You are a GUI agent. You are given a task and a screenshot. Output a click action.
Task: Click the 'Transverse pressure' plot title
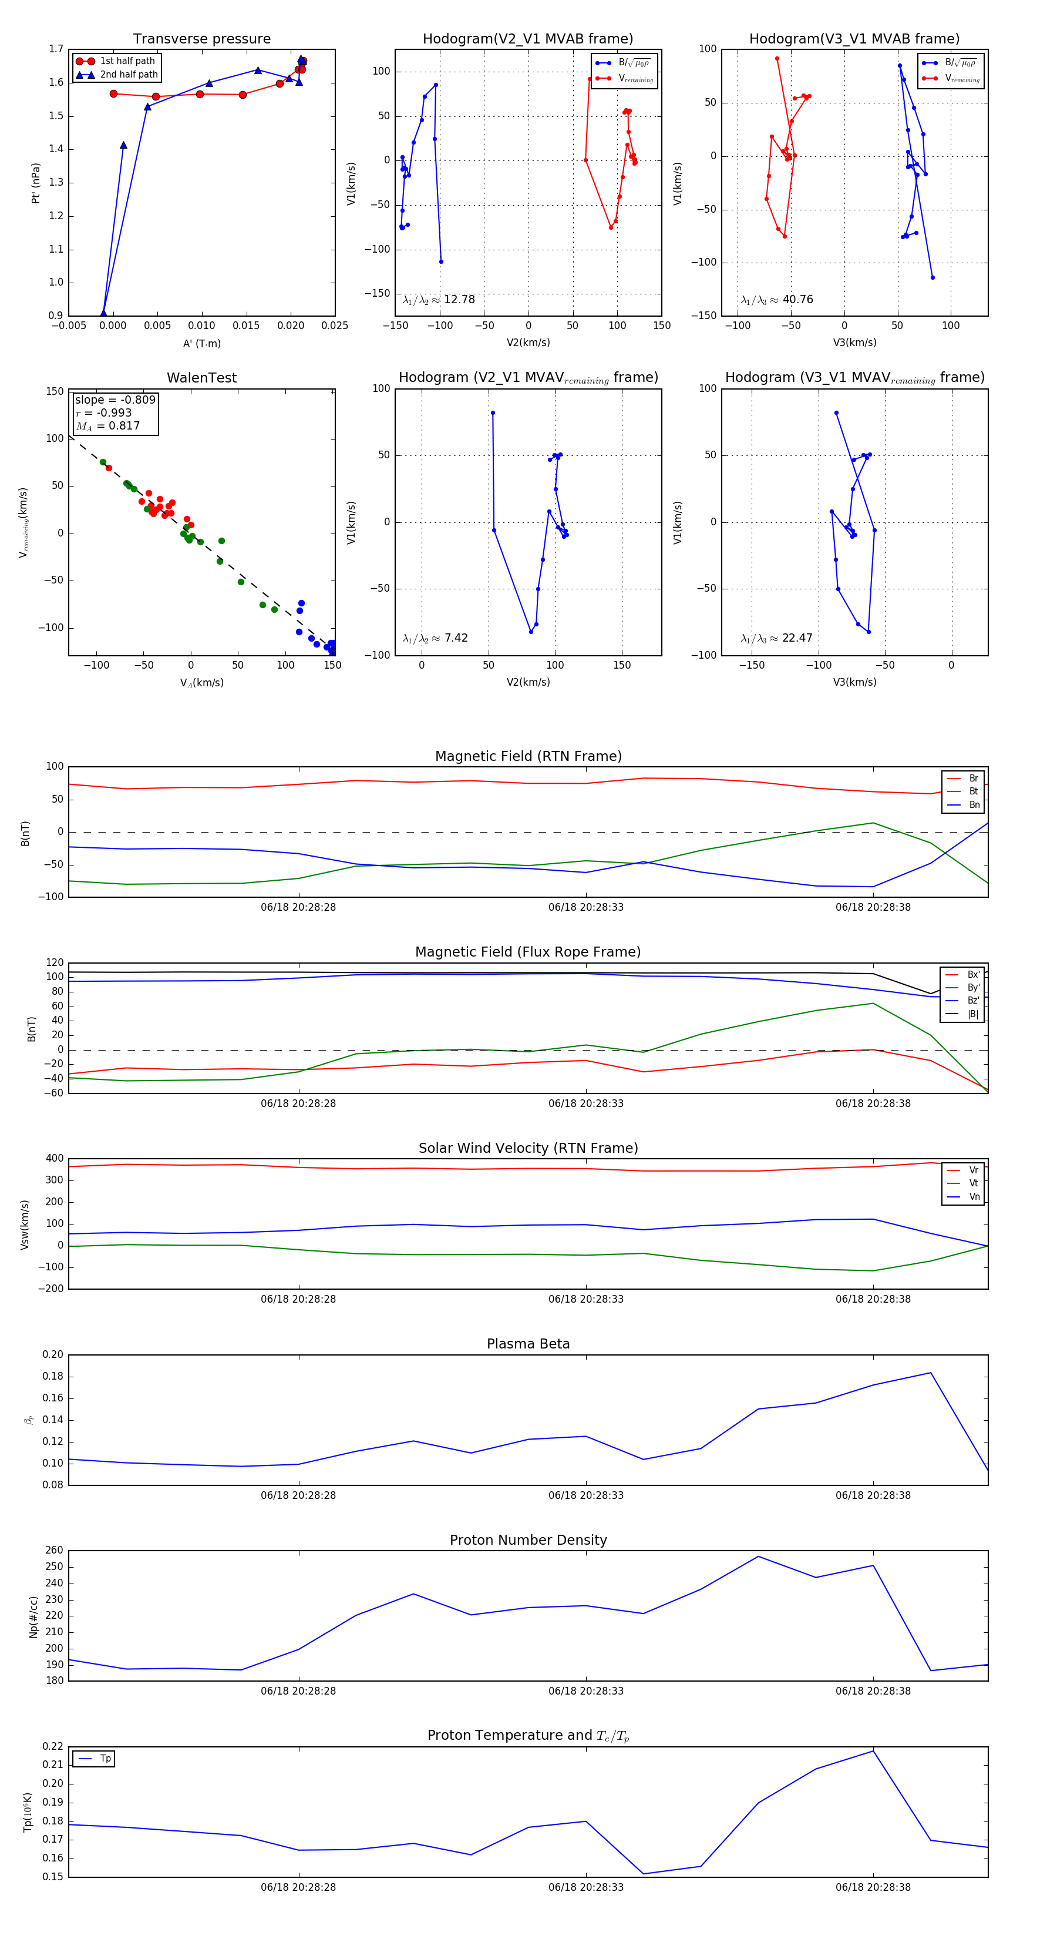tap(201, 39)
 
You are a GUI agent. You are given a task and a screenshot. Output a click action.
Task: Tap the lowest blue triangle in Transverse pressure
tap(104, 313)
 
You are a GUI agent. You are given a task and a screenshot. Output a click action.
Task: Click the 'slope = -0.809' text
tap(115, 400)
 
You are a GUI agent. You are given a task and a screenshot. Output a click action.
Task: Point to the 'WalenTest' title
tap(201, 378)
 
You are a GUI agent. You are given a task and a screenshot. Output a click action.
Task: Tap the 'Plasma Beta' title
tap(528, 1344)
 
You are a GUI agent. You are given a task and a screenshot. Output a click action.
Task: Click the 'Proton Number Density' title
tap(528, 1540)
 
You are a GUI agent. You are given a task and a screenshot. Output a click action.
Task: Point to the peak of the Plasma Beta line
tap(931, 1372)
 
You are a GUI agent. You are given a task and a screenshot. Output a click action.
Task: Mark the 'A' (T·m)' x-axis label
tap(201, 344)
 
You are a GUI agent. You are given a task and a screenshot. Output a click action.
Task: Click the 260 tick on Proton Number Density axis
tap(54, 1551)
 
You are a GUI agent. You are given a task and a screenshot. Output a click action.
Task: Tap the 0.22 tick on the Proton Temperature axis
tap(53, 1746)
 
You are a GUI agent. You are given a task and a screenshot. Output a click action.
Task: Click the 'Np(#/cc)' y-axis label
tap(33, 1616)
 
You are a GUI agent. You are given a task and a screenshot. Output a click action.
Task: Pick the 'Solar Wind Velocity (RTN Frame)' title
tap(528, 1148)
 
